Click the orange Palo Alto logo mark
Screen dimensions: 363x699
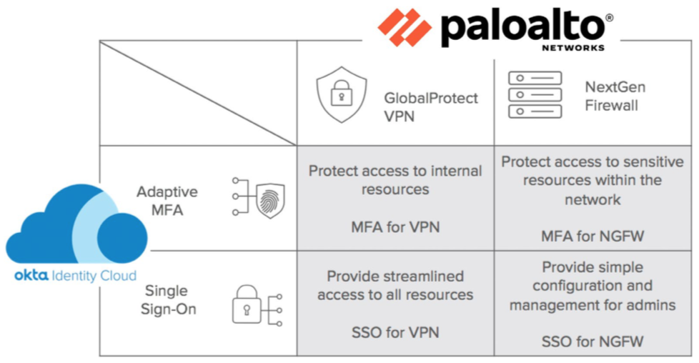click(405, 27)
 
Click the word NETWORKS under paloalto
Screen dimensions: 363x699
click(573, 48)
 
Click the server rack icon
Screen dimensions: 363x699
click(535, 94)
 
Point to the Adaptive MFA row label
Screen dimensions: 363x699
click(167, 201)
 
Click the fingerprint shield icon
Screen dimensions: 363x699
click(269, 202)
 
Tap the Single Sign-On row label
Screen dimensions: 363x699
click(167, 300)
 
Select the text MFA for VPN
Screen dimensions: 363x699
click(395, 227)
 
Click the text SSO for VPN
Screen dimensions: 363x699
click(395, 332)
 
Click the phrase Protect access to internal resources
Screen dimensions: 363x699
click(395, 180)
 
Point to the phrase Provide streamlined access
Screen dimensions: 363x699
click(395, 285)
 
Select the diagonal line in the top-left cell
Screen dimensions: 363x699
click(198, 93)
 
